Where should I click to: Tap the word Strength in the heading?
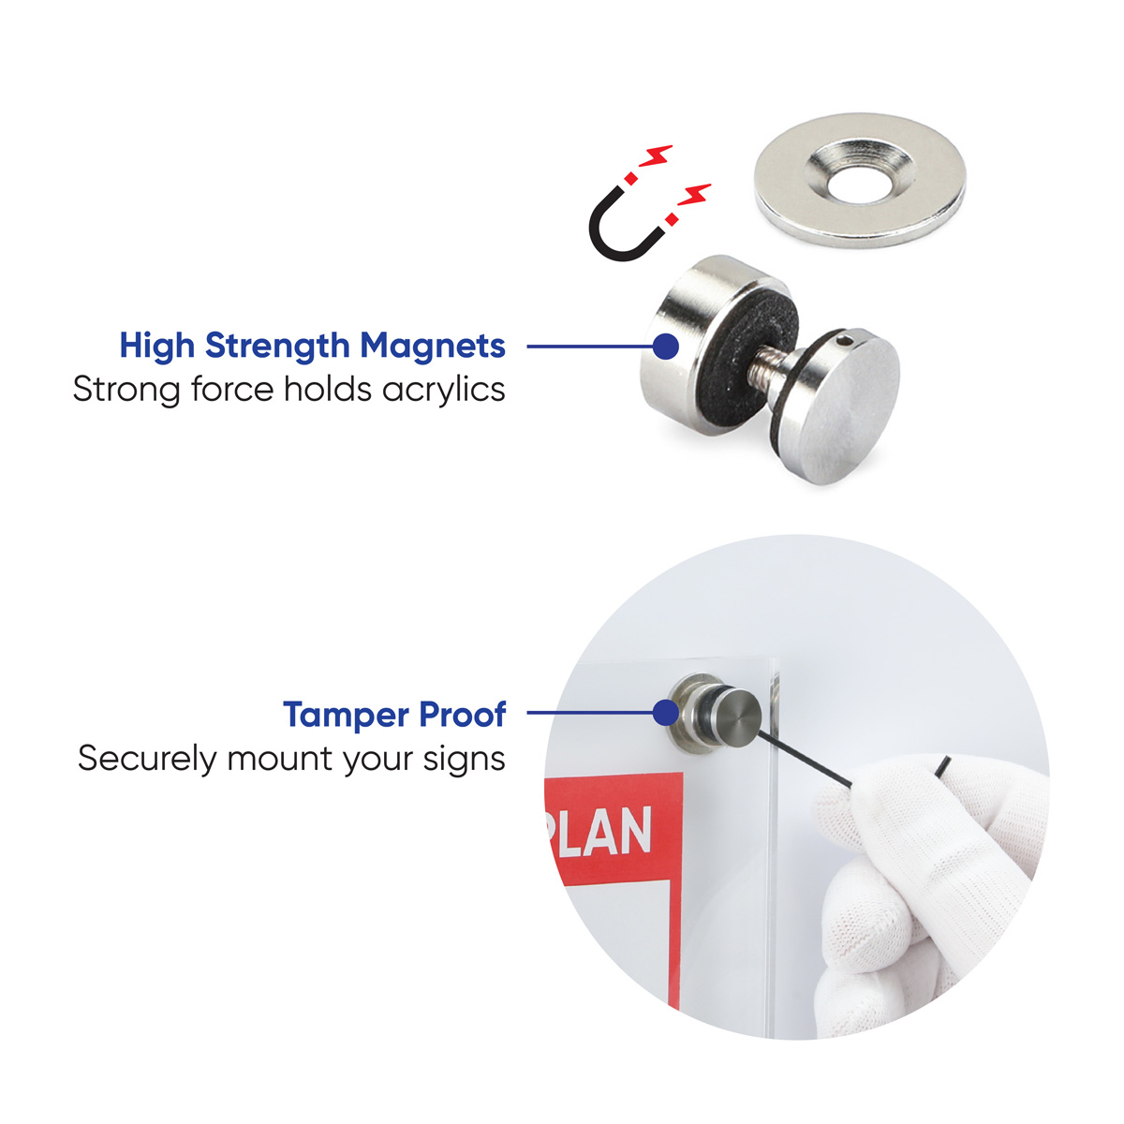(x=277, y=346)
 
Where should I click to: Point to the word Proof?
(x=463, y=714)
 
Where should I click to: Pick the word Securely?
(x=147, y=760)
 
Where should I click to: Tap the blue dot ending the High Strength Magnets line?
(x=666, y=347)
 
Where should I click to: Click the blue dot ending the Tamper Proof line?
(x=666, y=713)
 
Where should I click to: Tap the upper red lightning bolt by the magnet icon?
(x=657, y=155)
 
